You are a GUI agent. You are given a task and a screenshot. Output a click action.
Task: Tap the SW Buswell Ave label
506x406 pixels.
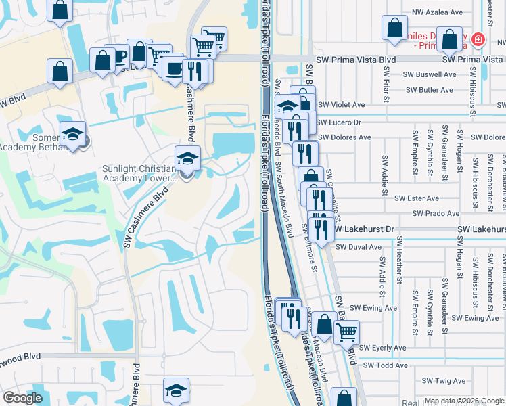click(x=429, y=75)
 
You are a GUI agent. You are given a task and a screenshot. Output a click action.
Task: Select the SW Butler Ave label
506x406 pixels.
click(x=430, y=90)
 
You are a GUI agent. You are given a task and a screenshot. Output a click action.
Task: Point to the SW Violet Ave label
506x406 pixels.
click(x=341, y=105)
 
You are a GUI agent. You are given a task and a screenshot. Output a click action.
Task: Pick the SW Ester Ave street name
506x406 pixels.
click(x=417, y=198)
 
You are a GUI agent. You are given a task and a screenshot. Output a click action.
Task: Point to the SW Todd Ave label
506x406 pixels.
click(x=386, y=365)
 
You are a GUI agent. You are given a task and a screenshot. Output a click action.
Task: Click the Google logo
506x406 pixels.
click(x=22, y=398)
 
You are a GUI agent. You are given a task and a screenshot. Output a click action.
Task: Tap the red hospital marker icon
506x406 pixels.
click(x=478, y=40)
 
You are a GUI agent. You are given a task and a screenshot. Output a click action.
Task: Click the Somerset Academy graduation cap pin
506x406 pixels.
click(x=72, y=134)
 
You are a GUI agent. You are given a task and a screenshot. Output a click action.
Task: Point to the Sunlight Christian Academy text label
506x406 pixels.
click(x=141, y=173)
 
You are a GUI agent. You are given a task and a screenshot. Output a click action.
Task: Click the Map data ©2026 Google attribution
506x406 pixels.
click(x=464, y=401)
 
